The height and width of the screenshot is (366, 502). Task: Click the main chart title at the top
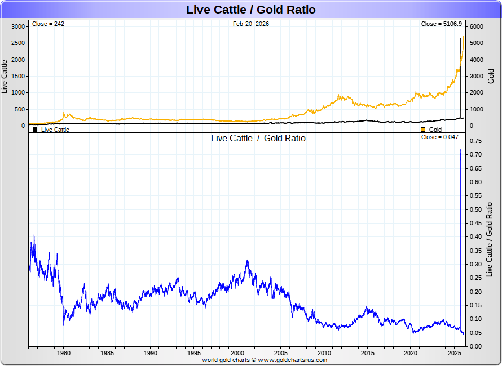click(x=250, y=10)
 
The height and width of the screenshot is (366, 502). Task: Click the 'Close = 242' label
click(x=48, y=24)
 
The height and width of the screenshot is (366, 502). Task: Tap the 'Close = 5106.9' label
click(x=442, y=24)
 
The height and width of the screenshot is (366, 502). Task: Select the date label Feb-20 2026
click(x=251, y=24)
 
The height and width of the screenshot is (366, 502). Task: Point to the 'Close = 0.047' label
click(x=440, y=137)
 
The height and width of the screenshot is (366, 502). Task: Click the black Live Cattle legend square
click(x=35, y=130)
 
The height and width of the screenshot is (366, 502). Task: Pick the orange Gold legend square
click(x=423, y=130)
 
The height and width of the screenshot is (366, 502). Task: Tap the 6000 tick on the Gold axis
click(x=477, y=26)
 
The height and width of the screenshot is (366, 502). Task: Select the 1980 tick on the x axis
click(x=64, y=353)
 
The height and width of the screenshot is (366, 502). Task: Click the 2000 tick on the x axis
click(x=237, y=353)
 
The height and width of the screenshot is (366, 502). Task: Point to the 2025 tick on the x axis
click(x=455, y=353)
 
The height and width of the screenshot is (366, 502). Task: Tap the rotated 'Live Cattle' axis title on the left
click(x=5, y=76)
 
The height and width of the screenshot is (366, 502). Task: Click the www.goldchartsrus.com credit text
click(x=293, y=360)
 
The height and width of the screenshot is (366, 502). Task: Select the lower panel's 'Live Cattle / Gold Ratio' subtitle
click(x=258, y=139)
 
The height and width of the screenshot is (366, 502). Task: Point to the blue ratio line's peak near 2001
click(x=247, y=261)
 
